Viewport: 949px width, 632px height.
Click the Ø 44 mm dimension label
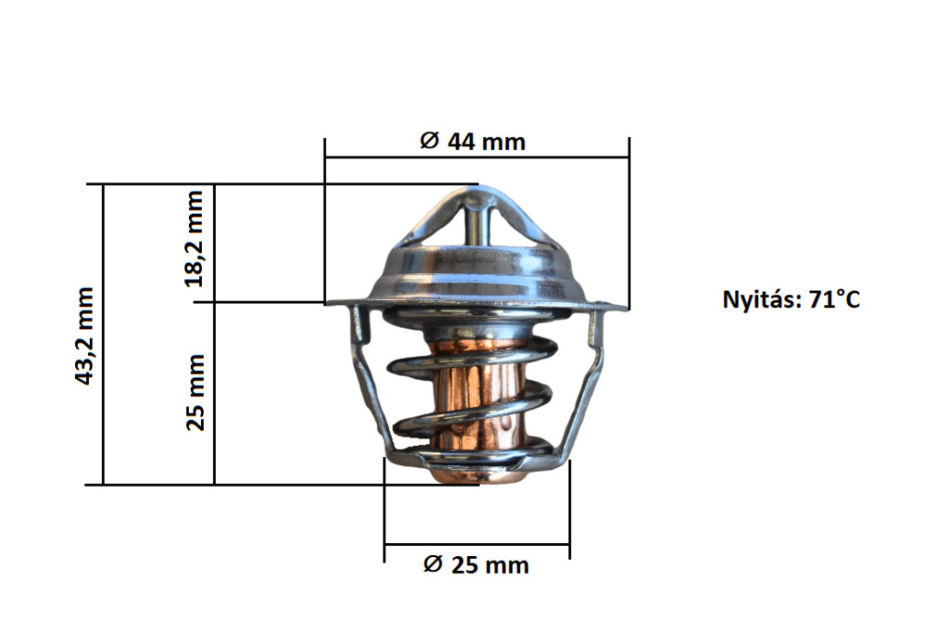pos(473,142)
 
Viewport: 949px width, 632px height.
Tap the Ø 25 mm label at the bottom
pos(475,564)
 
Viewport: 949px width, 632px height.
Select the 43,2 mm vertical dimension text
pos(84,336)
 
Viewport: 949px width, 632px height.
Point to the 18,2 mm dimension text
pos(195,238)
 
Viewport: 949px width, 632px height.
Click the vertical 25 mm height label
pos(196,392)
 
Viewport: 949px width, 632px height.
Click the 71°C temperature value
pos(835,299)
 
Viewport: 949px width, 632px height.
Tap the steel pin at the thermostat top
pos(475,223)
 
